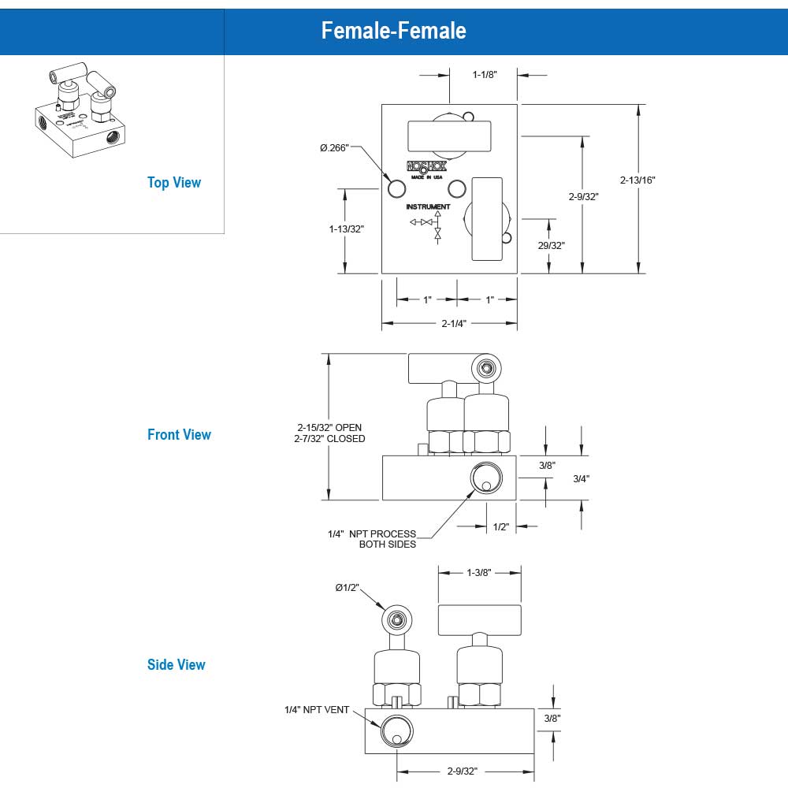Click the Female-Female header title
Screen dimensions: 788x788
coord(393,30)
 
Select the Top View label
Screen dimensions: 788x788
coord(174,182)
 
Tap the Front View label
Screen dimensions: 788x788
coord(179,434)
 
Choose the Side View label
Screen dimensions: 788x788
coord(176,664)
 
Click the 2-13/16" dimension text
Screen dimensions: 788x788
coord(637,180)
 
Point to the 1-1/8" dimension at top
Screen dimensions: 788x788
coord(483,75)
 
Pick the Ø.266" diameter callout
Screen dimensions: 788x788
coord(334,148)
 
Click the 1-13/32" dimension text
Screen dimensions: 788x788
coord(347,229)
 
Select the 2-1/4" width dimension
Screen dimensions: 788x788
coord(454,323)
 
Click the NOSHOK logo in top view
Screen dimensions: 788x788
coord(426,166)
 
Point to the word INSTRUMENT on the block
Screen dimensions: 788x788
coord(428,206)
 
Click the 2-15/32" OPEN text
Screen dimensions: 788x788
coord(329,427)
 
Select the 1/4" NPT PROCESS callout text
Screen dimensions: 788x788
coord(371,533)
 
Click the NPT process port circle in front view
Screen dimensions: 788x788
coord(485,478)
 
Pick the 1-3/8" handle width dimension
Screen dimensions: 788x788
coord(478,573)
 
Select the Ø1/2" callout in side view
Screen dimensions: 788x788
coord(348,587)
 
